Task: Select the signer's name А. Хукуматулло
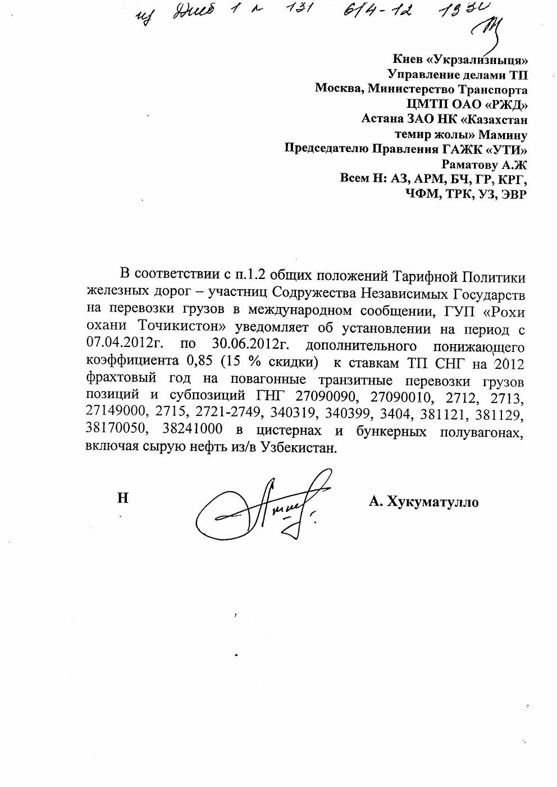(x=423, y=502)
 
